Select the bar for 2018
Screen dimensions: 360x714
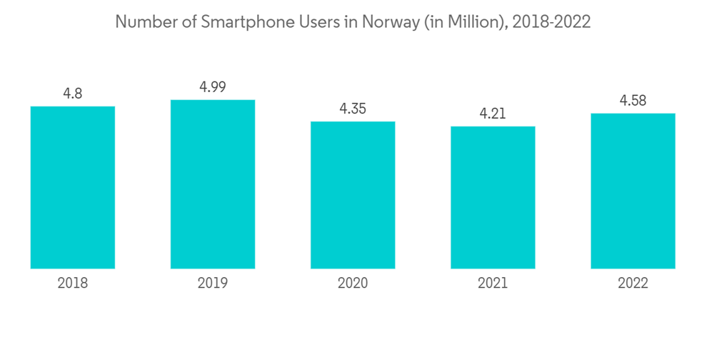pyautogui.click(x=73, y=187)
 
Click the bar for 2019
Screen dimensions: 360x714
pyautogui.click(x=213, y=184)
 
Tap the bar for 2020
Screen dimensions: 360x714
pyautogui.click(x=353, y=195)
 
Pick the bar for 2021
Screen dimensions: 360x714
pyautogui.click(x=493, y=197)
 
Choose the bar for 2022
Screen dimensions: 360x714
pyautogui.click(x=633, y=191)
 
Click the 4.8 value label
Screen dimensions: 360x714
pyautogui.click(x=73, y=93)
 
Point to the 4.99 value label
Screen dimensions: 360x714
pyautogui.click(x=213, y=86)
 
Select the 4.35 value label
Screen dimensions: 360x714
pyautogui.click(x=353, y=109)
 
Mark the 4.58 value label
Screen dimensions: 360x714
pyautogui.click(x=633, y=100)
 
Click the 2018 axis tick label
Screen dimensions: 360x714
pyautogui.click(x=73, y=283)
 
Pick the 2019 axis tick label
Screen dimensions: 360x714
pyautogui.click(x=213, y=283)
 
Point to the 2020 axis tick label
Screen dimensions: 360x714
pyautogui.click(x=353, y=283)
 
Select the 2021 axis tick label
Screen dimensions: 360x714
pyautogui.click(x=493, y=283)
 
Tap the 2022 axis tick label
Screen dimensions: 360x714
pyautogui.click(x=633, y=283)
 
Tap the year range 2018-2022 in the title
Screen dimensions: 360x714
pyautogui.click(x=553, y=22)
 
